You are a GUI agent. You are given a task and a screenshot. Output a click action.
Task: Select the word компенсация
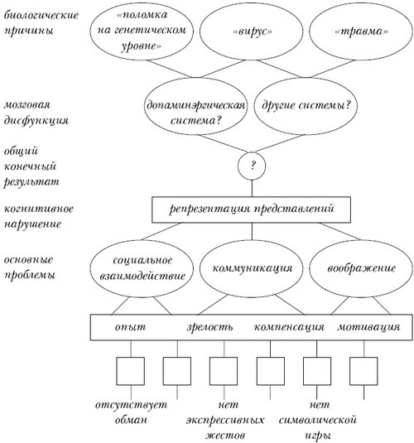[x=287, y=326]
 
